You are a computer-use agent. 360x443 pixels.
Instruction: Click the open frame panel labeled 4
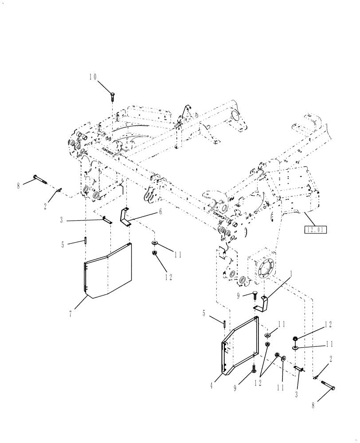click(x=242, y=346)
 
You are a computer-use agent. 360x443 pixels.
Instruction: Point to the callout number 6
click(x=160, y=212)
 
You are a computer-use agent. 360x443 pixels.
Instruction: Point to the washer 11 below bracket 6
click(x=155, y=244)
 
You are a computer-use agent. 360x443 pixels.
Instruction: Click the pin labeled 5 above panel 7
click(x=84, y=241)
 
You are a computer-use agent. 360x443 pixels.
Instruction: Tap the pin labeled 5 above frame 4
click(x=226, y=324)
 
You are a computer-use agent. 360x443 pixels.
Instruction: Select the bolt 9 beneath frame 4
click(x=253, y=368)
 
